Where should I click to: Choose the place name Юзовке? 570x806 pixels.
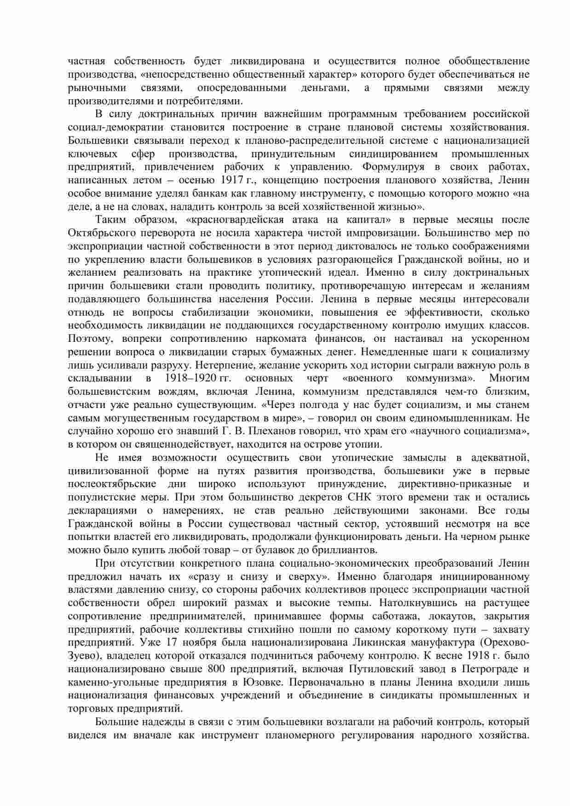[265, 682]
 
